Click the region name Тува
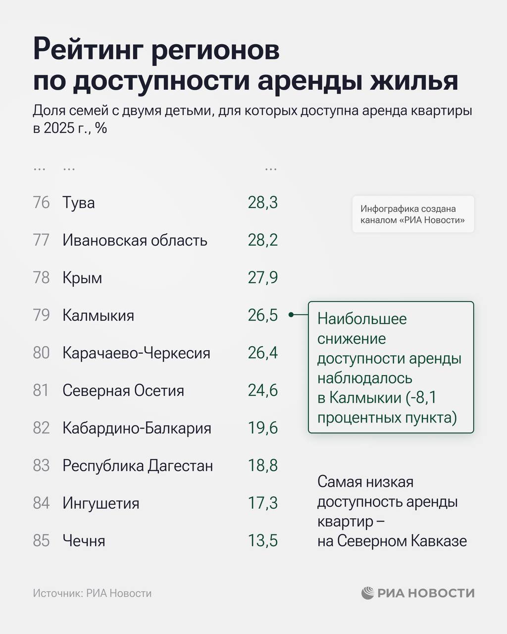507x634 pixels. coord(78,203)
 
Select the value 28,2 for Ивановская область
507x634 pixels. coord(262,240)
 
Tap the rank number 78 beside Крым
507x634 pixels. coord(42,278)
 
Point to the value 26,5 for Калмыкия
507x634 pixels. coord(262,315)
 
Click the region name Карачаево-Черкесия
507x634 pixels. coord(136,353)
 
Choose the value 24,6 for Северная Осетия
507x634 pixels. coord(262,390)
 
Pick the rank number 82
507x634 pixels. coord(42,428)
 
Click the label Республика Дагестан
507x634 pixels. coord(138,466)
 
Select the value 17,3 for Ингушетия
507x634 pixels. coord(262,503)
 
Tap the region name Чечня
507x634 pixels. coord(84,541)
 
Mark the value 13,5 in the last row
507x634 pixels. coord(262,541)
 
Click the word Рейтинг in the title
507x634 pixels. coord(89,51)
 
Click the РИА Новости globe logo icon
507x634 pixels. coord(367,593)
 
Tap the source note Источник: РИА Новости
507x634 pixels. coord(92,593)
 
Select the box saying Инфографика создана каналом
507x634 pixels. coord(413,214)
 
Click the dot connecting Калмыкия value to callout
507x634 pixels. coord(291,315)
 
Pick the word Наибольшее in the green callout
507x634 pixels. coord(362,318)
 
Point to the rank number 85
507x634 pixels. coord(42,541)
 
